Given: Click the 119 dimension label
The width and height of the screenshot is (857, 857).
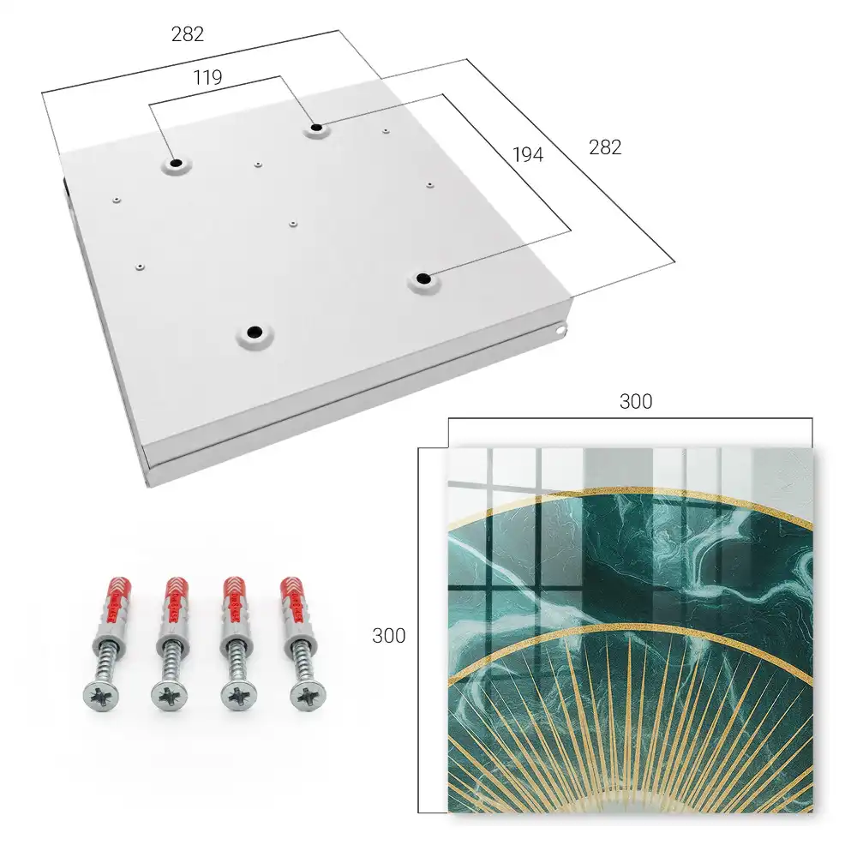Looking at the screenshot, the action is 207,78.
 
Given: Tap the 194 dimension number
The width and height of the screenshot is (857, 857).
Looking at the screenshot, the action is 528,155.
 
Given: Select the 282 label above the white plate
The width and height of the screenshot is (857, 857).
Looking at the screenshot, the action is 188,34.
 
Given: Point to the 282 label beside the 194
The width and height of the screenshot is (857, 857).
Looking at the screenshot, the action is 605,147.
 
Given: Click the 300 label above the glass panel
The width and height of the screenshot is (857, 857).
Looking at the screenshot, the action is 636,402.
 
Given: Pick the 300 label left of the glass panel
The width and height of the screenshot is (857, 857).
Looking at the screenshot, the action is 388,636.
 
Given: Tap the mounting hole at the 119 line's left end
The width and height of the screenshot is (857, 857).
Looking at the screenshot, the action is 176,163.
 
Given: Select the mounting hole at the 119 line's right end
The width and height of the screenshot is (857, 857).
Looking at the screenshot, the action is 316,129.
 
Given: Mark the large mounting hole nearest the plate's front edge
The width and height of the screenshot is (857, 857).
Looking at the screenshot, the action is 255,332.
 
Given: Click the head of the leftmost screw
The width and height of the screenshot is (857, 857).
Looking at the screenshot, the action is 101,696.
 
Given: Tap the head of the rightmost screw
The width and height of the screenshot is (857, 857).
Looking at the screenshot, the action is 308,696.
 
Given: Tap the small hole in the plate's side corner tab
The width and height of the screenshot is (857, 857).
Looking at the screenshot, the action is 560,330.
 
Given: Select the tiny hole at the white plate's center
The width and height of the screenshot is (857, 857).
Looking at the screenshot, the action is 293,224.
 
